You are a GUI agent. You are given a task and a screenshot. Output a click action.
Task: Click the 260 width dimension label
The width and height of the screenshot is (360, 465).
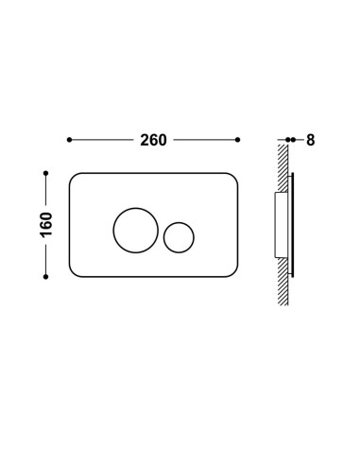[153, 140]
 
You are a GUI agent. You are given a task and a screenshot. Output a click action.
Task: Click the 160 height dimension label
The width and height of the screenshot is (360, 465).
[46, 225]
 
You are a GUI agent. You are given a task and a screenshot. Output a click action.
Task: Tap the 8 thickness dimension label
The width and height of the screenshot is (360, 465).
[311, 140]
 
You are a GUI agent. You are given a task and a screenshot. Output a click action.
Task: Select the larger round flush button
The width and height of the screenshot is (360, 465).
[136, 231]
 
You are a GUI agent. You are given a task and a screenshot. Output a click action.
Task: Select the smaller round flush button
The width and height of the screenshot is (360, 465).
[179, 237]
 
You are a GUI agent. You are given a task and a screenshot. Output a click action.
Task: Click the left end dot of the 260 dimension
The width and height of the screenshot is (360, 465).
[69, 140]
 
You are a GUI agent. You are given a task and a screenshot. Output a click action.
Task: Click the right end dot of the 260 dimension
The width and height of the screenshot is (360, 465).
[238, 140]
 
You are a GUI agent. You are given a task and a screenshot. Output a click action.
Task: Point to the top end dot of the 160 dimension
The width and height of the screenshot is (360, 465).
[45, 173]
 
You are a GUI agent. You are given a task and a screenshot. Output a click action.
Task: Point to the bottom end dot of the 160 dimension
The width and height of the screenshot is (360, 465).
[45, 277]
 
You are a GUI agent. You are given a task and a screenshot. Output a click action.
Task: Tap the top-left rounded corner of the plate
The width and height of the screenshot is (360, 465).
[73, 176]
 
